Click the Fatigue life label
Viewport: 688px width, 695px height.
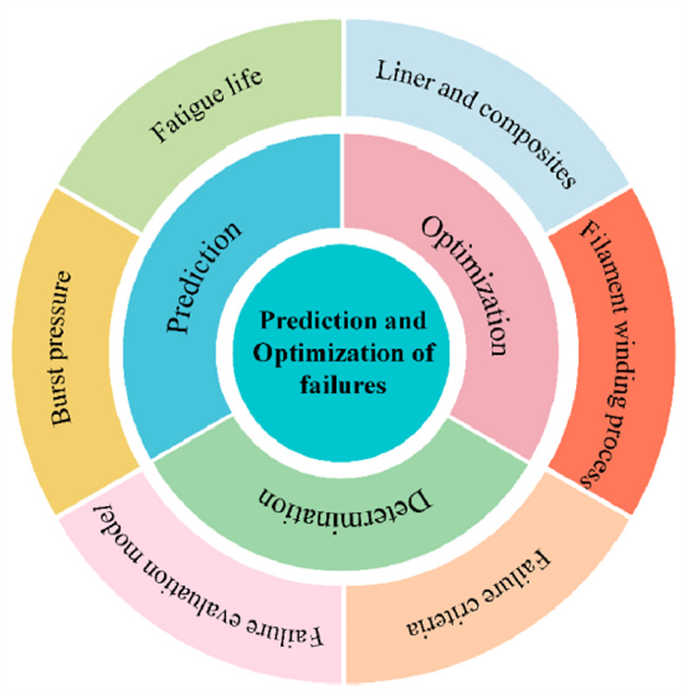pos(207,107)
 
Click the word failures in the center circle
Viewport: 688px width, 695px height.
pos(343,386)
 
